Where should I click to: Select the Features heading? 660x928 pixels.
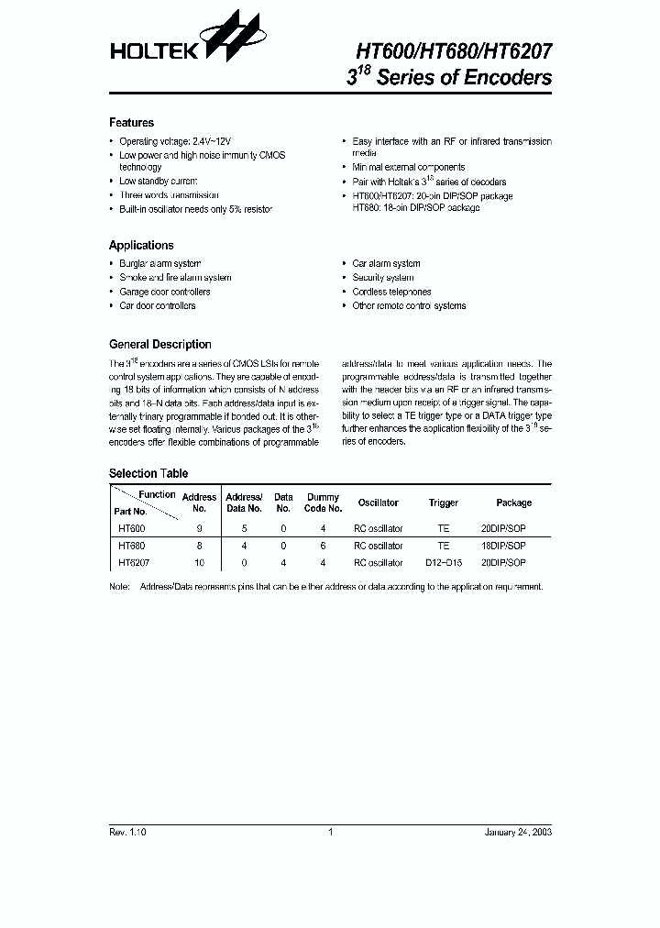pos(131,123)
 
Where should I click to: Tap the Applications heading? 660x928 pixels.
pos(141,246)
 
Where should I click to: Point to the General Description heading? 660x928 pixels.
pos(159,345)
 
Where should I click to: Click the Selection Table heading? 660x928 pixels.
pos(148,473)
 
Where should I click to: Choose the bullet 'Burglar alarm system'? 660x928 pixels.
pos(159,263)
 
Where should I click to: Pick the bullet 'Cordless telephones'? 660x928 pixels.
pos(391,292)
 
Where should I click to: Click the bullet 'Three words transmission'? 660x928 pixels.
pos(169,195)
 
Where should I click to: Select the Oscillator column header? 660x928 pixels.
pos(378,503)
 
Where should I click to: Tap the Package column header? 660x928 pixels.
pos(513,503)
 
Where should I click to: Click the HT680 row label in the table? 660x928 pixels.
pos(131,546)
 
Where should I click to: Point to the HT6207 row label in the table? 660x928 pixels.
pos(134,562)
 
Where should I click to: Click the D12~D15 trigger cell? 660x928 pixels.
pos(443,562)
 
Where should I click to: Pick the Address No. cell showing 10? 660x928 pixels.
pos(199,562)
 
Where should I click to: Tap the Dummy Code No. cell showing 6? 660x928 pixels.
pos(323,546)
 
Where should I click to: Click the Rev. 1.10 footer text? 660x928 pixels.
pos(127,832)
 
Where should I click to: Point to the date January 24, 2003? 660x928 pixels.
pos(518,832)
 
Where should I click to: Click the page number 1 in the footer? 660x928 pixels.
pos(330,832)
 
